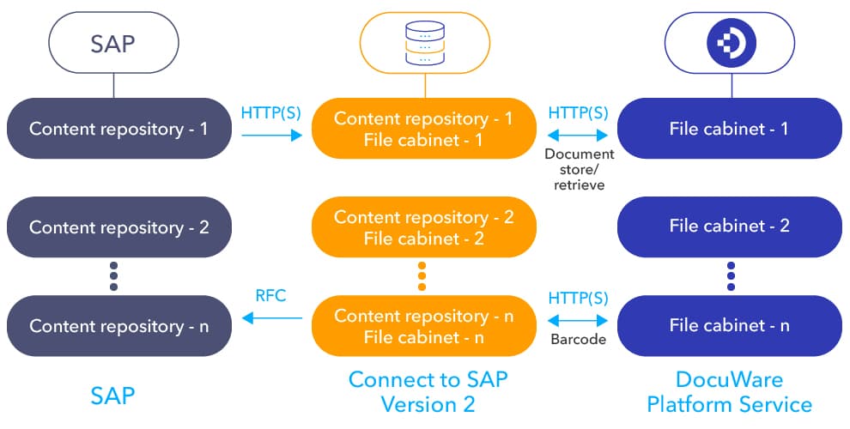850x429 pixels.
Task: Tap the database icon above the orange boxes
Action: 425,43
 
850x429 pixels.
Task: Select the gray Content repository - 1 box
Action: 118,129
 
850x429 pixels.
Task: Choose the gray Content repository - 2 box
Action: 118,227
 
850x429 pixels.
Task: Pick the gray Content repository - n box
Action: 118,326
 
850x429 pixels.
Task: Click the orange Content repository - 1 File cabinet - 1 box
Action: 424,129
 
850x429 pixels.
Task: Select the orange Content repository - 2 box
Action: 424,227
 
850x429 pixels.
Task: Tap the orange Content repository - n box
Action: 424,326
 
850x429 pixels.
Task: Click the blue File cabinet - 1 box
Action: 730,129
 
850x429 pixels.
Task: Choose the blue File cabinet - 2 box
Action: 730,227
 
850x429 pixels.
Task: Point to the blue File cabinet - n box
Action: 730,326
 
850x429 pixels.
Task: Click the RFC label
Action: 270,296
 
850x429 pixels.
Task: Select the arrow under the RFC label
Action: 272,318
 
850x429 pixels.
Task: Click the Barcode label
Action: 578,340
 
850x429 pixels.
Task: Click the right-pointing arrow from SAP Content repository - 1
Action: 272,135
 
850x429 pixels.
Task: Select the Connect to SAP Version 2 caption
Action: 422,391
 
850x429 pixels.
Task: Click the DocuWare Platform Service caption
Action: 729,391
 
